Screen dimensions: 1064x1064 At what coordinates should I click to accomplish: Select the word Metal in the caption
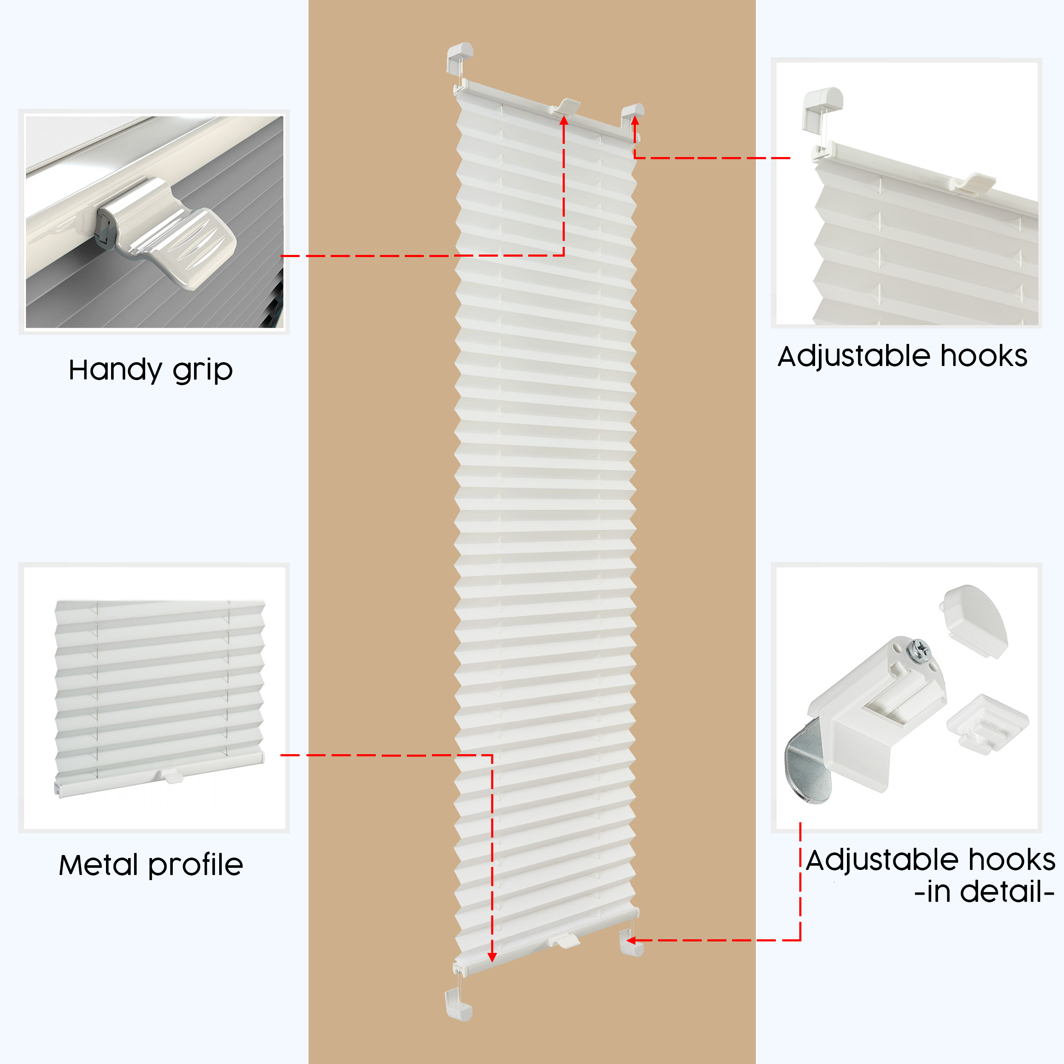[98, 865]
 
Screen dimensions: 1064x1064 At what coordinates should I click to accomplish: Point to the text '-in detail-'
[984, 892]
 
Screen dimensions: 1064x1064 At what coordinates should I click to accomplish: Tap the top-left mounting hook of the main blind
[459, 57]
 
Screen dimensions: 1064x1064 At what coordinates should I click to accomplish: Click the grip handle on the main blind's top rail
[565, 106]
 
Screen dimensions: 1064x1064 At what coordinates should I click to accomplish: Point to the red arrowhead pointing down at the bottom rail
[492, 957]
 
